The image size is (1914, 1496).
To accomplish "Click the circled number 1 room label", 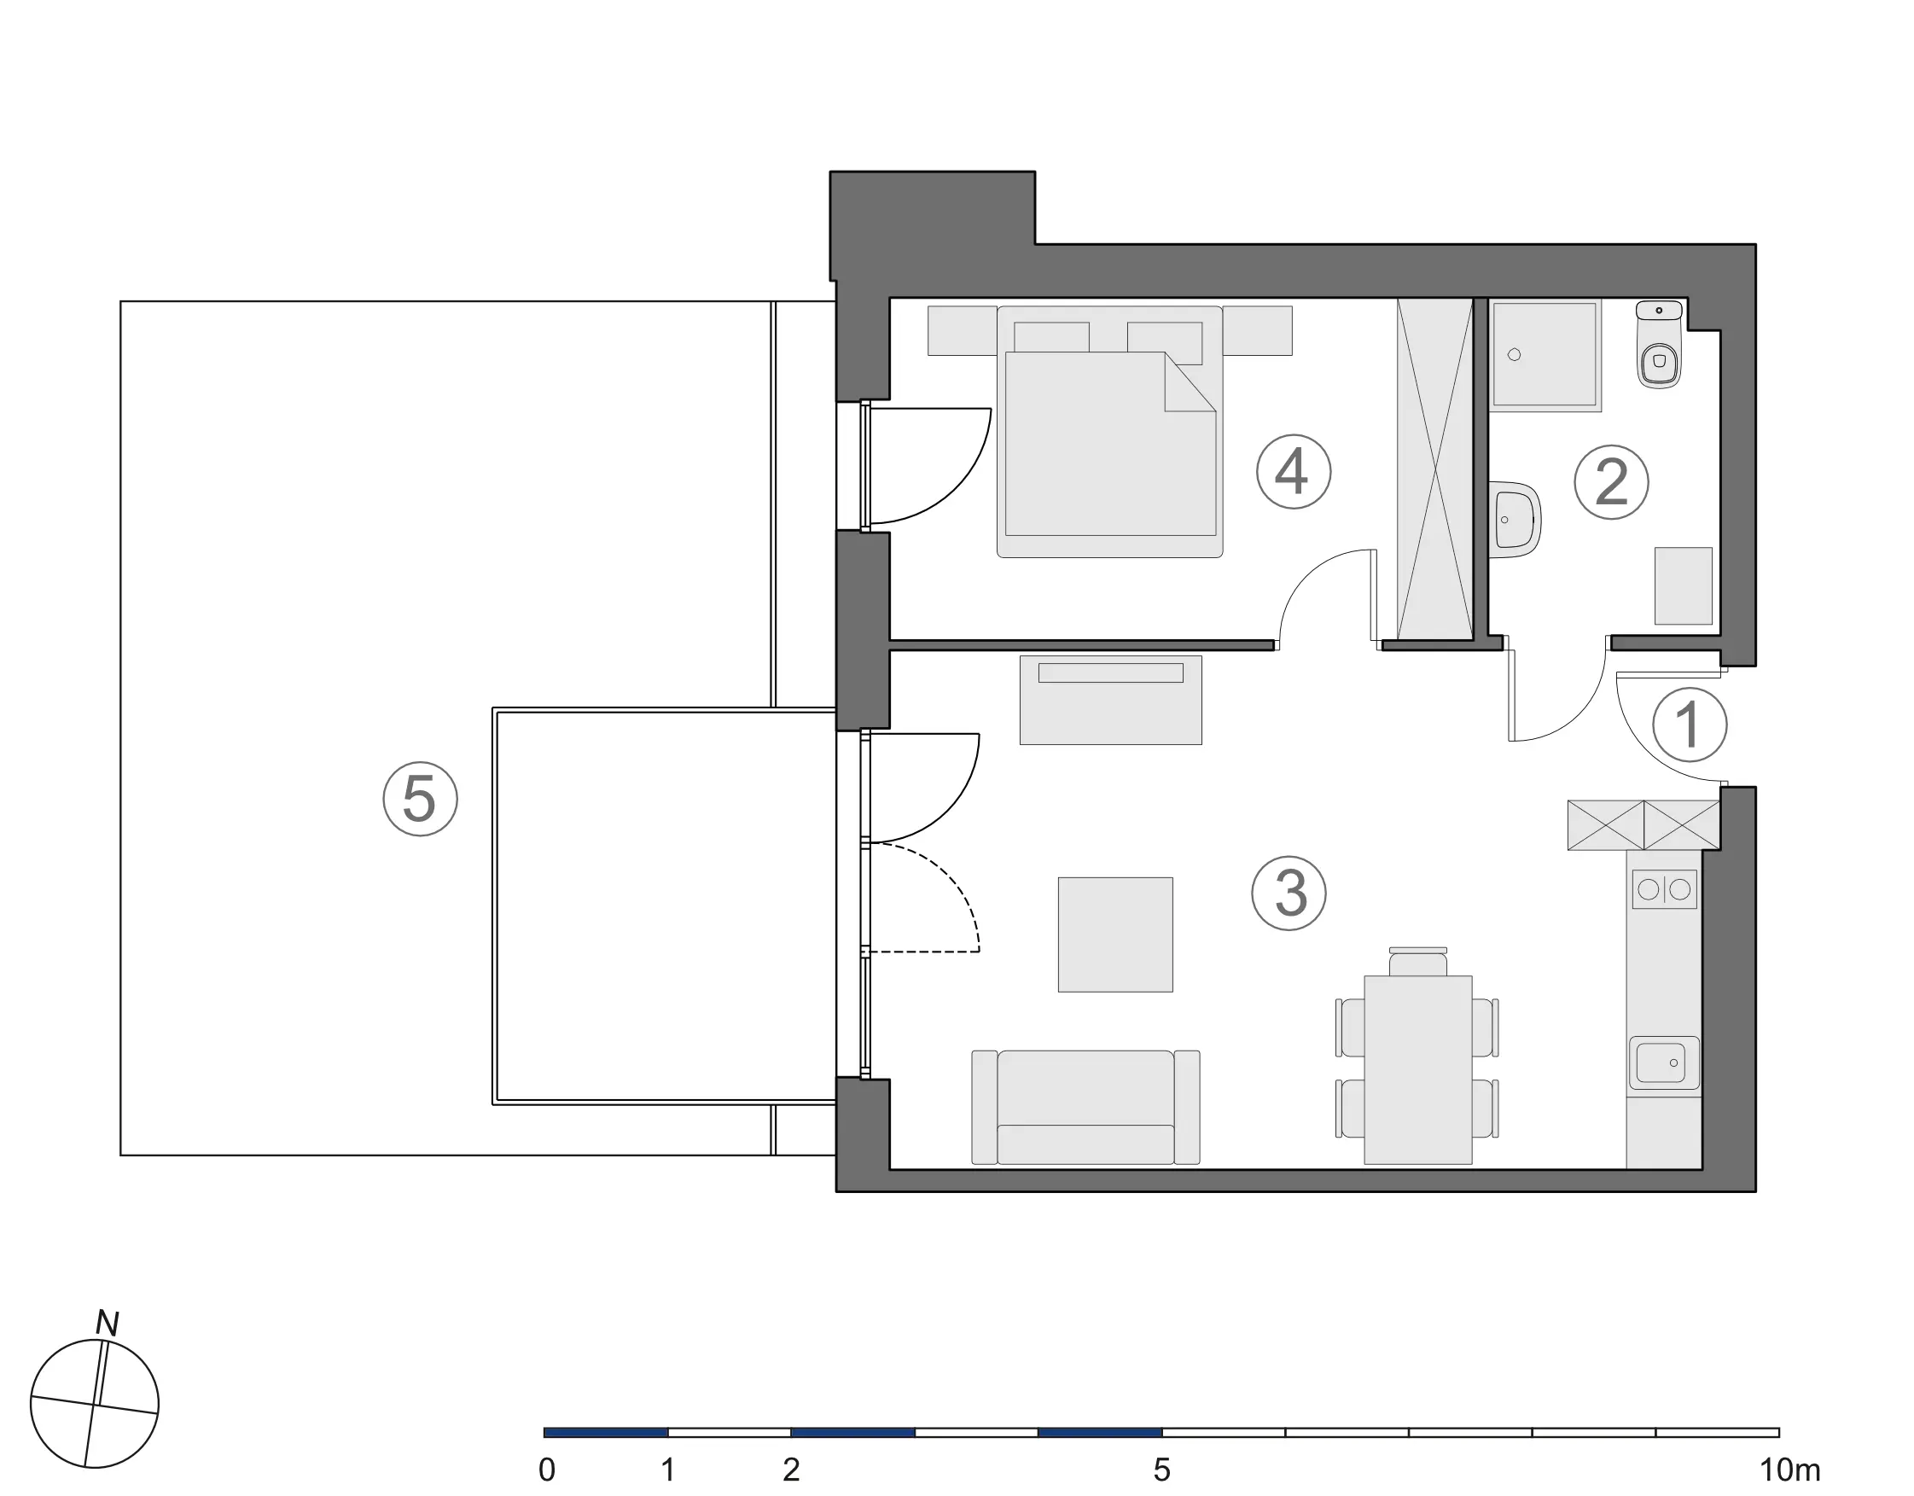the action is (x=1689, y=725).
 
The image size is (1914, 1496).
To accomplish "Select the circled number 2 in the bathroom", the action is (x=1611, y=482).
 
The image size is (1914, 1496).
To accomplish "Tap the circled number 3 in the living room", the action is (x=1289, y=893).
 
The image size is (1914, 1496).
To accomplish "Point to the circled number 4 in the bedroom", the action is (x=1294, y=471).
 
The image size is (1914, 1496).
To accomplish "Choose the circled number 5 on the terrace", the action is (x=421, y=799).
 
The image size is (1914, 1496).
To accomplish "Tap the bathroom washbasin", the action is (x=1515, y=519).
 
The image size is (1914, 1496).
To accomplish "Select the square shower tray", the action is (x=1546, y=356).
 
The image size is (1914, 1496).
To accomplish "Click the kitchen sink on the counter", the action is (x=1663, y=1064).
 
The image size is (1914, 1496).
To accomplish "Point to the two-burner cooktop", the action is (x=1664, y=889).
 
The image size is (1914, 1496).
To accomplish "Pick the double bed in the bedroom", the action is (x=1110, y=431).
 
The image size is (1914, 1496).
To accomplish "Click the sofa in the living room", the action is (x=1085, y=1108).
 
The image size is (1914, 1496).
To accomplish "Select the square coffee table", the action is (x=1115, y=934).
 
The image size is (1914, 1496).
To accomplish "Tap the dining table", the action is (x=1418, y=1070).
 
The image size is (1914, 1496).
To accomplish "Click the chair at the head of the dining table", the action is (x=1418, y=962).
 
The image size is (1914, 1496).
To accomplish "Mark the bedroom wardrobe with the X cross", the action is (x=1434, y=469).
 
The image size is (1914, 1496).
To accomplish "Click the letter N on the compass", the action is (x=107, y=1323).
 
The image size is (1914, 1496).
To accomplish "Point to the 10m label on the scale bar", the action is (x=1789, y=1470).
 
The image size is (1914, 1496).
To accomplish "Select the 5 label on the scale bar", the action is (x=1161, y=1470).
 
